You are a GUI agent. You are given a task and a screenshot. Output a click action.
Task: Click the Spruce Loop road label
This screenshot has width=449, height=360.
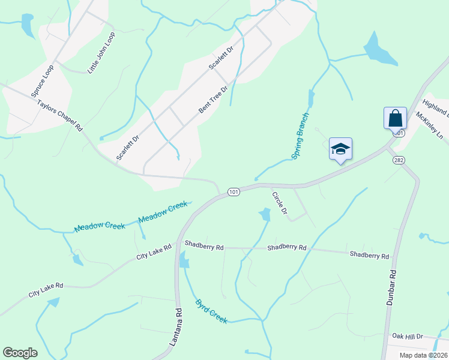[x=43, y=81]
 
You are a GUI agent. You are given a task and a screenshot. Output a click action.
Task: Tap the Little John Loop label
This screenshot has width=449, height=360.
[x=101, y=53]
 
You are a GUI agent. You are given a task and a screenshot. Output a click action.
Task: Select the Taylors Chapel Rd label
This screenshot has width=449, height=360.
[x=59, y=116]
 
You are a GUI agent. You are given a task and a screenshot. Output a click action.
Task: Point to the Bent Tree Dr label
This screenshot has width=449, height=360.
[x=213, y=100]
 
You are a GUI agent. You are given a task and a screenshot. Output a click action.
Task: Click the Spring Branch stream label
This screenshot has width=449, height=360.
[x=300, y=136]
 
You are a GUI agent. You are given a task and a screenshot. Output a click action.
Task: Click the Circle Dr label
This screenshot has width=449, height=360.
[x=280, y=203]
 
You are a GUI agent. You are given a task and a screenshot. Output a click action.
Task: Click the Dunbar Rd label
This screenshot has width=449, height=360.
[x=391, y=287]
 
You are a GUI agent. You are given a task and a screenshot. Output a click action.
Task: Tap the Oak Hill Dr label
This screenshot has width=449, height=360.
[x=408, y=337]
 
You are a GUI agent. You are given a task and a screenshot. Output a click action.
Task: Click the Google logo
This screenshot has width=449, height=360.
[x=20, y=353]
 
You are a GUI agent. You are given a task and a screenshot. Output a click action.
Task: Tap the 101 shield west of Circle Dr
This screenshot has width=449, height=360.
[x=234, y=192]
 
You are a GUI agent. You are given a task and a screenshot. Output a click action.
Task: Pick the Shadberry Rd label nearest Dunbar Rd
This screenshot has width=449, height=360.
[x=369, y=255]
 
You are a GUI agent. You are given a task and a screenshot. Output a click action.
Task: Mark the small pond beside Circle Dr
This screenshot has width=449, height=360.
[x=264, y=214]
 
